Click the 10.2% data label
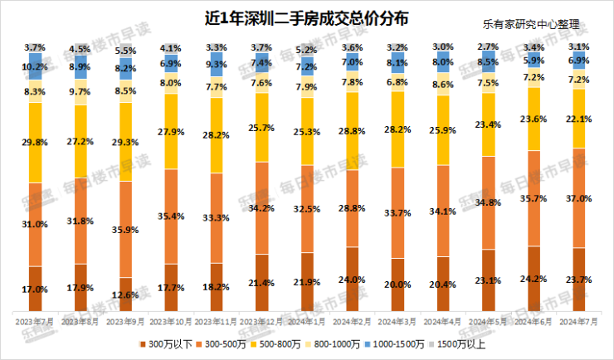[36, 66]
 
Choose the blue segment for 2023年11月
[216, 64]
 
